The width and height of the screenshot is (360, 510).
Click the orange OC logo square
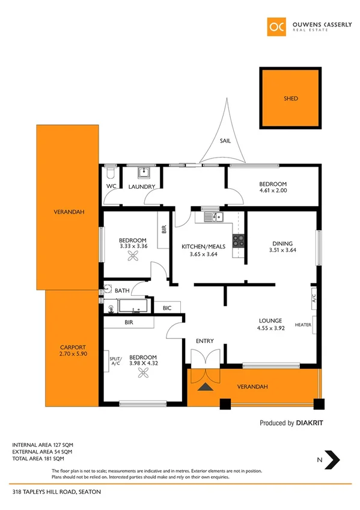277,26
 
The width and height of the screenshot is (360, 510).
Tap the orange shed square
290,98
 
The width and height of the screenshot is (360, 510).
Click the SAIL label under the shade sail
225,141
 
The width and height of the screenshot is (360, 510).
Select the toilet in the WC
109,174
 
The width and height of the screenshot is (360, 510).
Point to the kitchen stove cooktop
239,239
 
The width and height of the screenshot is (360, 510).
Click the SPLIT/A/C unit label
115,361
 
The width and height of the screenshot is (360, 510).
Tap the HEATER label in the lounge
303,325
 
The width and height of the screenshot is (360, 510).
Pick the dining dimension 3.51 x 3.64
282,250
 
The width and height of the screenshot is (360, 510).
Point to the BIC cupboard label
166,308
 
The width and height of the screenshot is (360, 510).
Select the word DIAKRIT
310,423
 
